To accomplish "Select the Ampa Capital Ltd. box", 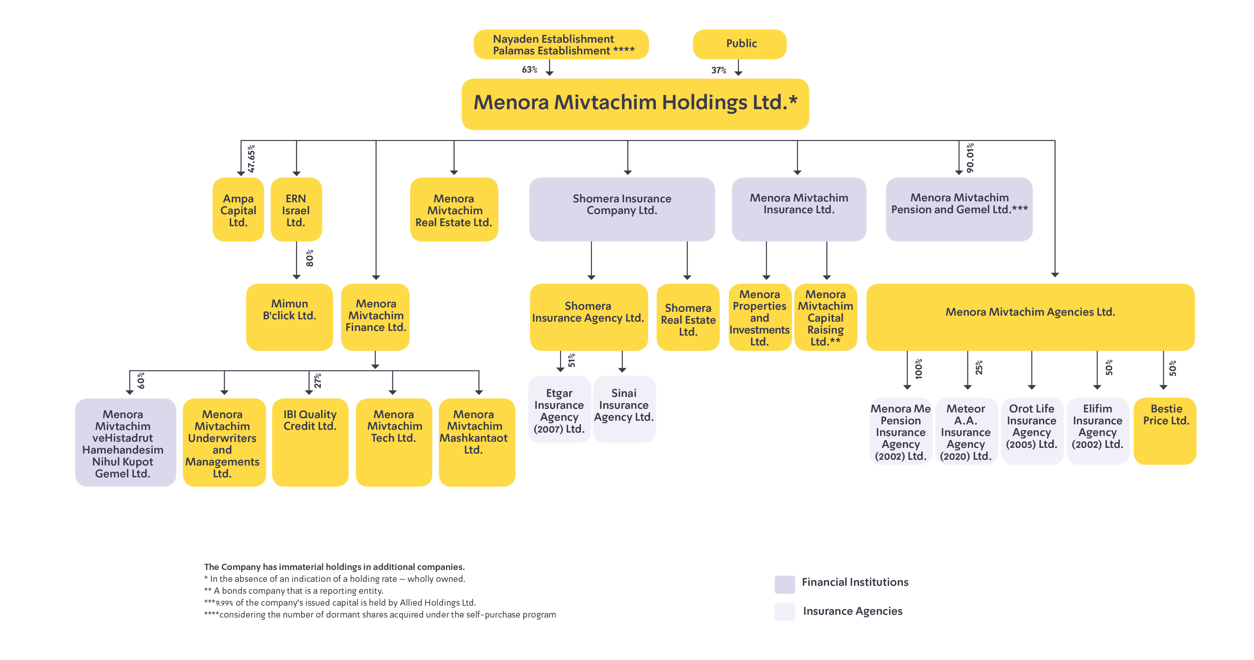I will click(x=238, y=210).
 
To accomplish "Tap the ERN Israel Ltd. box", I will click(x=296, y=210).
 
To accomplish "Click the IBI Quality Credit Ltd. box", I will click(x=310, y=442).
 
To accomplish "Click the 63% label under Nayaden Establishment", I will click(x=529, y=70).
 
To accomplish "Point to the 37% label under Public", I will click(x=719, y=70).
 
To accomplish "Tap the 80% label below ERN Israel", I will click(x=310, y=258).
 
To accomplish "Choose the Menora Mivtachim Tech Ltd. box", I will click(x=394, y=442).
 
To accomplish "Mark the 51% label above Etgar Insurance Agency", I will click(x=571, y=360).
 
